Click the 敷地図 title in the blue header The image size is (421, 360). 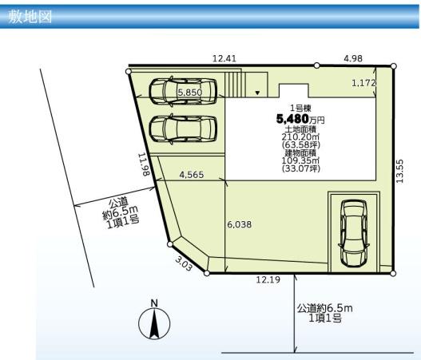pos(30,17)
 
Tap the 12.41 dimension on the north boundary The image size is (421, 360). pos(224,58)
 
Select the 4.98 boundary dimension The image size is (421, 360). pos(353,58)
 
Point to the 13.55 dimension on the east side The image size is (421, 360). pos(399,171)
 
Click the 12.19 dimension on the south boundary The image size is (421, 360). pos(268,280)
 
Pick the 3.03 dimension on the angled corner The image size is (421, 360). pos(184,263)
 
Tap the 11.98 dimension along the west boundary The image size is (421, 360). pos(144,164)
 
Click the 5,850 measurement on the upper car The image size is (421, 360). pos(190,93)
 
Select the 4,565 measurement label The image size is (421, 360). pos(192,175)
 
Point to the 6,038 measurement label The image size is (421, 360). pos(240,224)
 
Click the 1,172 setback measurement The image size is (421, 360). pos(363,83)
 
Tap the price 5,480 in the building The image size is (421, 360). pos(292,119)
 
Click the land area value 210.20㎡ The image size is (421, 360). pos(300,136)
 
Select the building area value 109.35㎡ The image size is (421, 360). pos(300,160)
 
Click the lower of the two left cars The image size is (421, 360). pos(183,129)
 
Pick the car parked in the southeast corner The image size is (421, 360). pos(354,233)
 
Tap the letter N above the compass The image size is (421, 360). pos(154,303)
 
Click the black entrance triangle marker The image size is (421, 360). pos(257,93)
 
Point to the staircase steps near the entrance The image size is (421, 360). pos(235,85)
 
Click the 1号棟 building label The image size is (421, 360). pos(300,109)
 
